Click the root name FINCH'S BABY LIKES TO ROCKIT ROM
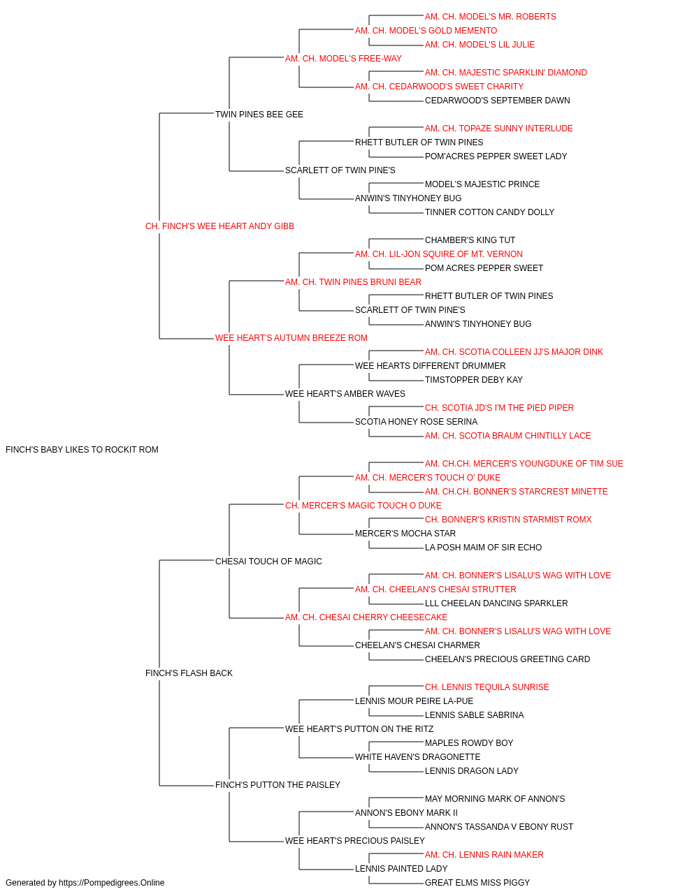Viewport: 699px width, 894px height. (x=82, y=450)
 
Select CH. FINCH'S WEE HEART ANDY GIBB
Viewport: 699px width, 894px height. (x=219, y=226)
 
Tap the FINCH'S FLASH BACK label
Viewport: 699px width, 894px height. (x=189, y=673)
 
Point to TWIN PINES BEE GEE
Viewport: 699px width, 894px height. (x=259, y=115)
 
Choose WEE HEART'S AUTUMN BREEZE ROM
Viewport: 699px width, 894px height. (x=291, y=338)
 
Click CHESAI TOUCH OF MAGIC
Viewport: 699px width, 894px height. (x=268, y=562)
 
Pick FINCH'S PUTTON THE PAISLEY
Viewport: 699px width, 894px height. (x=278, y=785)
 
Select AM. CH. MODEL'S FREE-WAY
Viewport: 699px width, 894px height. (x=343, y=59)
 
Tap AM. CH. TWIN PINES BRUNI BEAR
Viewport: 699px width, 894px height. (x=353, y=282)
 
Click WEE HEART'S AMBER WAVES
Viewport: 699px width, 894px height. (x=345, y=394)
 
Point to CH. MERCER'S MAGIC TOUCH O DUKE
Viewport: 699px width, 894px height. (x=363, y=506)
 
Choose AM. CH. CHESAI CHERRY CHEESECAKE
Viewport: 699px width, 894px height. (x=366, y=617)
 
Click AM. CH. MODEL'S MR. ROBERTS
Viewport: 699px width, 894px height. (x=490, y=17)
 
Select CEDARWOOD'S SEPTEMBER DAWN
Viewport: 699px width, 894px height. (x=497, y=101)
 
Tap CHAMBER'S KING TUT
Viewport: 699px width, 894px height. (x=470, y=240)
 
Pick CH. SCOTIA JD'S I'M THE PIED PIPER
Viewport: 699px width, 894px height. (x=499, y=408)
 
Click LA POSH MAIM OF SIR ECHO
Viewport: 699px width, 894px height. (x=483, y=548)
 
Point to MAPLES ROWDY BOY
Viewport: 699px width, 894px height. (x=469, y=743)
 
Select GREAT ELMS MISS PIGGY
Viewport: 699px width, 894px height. (x=477, y=883)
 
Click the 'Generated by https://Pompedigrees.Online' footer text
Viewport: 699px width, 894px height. (x=85, y=883)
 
